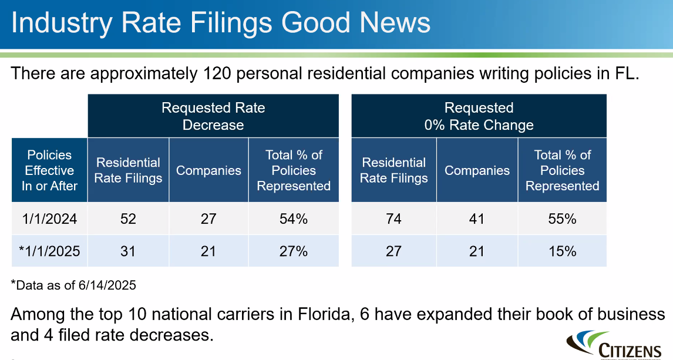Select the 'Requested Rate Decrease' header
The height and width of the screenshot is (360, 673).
(213, 116)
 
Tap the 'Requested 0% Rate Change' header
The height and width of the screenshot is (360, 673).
(479, 116)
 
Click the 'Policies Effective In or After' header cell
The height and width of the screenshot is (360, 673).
(50, 170)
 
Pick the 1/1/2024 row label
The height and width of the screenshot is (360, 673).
(50, 219)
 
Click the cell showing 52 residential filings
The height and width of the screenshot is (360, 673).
(128, 219)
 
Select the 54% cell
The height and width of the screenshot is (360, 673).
(294, 219)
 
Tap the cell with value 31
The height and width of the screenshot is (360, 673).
(128, 251)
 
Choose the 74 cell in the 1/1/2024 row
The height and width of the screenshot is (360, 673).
(393, 219)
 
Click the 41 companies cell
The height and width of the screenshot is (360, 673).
(477, 219)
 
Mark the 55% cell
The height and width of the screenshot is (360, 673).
(562, 219)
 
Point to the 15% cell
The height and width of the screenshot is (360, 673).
(562, 251)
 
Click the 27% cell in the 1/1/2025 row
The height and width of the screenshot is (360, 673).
(294, 251)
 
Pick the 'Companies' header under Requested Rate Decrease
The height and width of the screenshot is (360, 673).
(208, 170)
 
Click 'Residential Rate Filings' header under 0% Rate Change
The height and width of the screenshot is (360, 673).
(393, 170)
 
